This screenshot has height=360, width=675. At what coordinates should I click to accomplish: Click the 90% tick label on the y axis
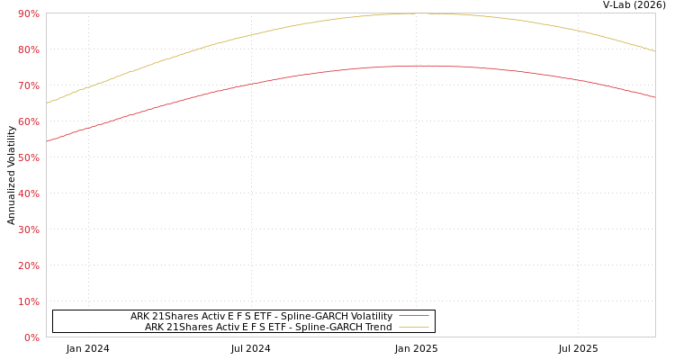[x=28, y=13]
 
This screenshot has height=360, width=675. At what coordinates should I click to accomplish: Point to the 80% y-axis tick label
[x=28, y=49]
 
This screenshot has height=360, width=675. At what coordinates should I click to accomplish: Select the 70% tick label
[x=28, y=85]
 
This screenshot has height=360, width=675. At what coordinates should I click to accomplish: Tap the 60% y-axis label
[x=28, y=121]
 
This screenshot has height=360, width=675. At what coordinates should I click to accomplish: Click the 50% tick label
[x=28, y=157]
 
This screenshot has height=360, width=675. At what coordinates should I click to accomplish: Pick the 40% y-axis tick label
[x=28, y=193]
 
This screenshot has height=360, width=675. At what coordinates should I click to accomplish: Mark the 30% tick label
[x=28, y=229]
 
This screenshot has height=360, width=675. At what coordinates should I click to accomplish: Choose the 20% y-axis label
[x=28, y=265]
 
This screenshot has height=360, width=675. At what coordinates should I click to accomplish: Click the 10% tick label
[x=28, y=301]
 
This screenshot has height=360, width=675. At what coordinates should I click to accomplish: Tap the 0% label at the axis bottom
[x=31, y=337]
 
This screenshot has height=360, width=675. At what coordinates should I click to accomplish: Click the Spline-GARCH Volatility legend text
[x=261, y=316]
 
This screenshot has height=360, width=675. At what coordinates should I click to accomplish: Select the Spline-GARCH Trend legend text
[x=268, y=327]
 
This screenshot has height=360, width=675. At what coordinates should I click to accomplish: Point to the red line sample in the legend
[x=413, y=316]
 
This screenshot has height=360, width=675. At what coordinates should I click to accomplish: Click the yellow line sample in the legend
[x=413, y=327]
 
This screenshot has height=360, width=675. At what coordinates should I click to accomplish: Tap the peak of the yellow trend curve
[x=418, y=13]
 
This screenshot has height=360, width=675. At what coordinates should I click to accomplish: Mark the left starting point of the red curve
[x=47, y=141]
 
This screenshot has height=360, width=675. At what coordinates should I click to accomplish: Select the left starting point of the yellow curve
[x=47, y=103]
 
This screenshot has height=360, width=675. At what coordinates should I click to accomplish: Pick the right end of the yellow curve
[x=654, y=51]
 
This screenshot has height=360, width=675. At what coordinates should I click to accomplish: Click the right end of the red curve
[x=654, y=97]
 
